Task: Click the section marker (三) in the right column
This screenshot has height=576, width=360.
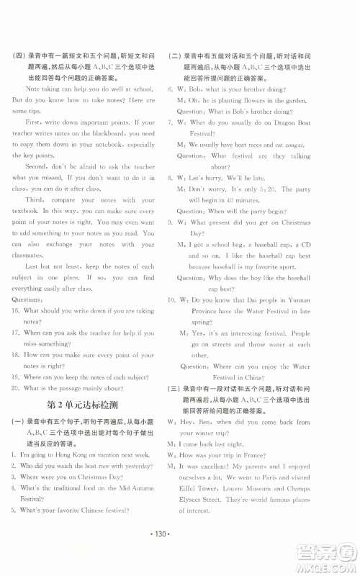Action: [x=174, y=389]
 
